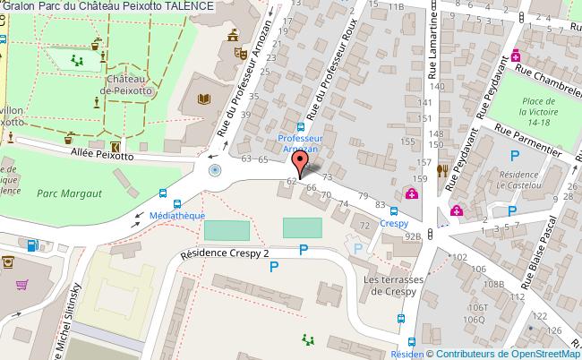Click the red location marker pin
click(301, 163)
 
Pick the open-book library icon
click(205, 99)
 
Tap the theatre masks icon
click(240, 53)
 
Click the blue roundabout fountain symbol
click(214, 169)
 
